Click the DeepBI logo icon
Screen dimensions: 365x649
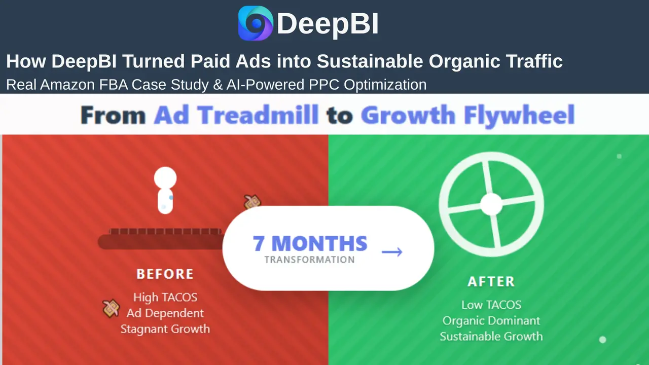click(x=256, y=23)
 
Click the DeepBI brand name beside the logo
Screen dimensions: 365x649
click(x=328, y=24)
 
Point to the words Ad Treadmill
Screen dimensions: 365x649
click(x=236, y=115)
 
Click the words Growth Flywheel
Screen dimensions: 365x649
click(x=467, y=115)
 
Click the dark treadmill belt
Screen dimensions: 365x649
click(x=160, y=241)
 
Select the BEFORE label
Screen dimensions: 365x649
click(x=165, y=274)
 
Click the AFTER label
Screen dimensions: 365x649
click(x=491, y=281)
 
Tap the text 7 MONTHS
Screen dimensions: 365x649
click(x=310, y=244)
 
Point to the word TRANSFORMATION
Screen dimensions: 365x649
click(x=309, y=260)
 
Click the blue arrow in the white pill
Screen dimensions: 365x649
click(x=392, y=252)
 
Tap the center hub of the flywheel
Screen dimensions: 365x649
click(x=491, y=204)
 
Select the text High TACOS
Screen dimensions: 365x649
click(x=165, y=297)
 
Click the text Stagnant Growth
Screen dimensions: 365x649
click(x=165, y=328)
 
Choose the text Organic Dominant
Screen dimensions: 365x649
click(x=491, y=320)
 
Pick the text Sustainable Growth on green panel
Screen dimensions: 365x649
click(x=491, y=336)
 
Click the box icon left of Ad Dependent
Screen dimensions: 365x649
click(x=111, y=308)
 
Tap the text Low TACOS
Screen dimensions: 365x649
click(x=491, y=305)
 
